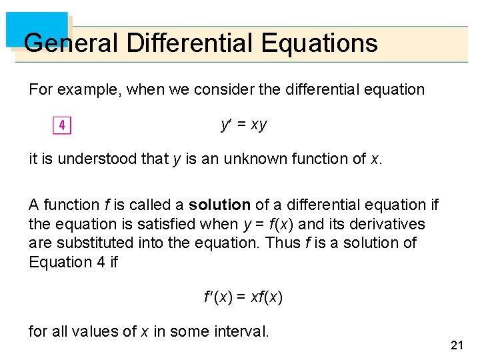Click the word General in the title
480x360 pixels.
[x=70, y=43]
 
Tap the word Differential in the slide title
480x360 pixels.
[x=190, y=43]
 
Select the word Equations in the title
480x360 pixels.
[x=320, y=43]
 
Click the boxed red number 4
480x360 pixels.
[x=61, y=125]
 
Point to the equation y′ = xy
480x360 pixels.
[x=243, y=125]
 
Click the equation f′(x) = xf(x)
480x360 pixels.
[x=243, y=297]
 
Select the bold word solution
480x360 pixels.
[x=219, y=205]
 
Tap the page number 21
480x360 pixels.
[x=457, y=345]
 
